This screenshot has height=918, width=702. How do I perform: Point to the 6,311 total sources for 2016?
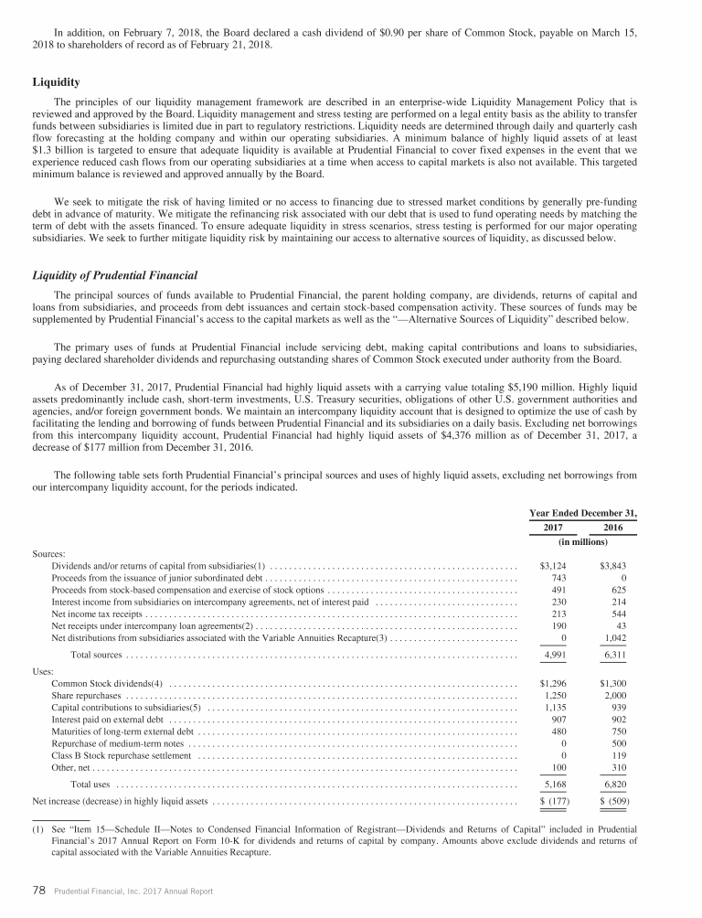point(610,655)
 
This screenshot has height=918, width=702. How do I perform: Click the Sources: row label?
point(48,554)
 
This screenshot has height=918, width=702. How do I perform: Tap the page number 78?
point(39,892)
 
